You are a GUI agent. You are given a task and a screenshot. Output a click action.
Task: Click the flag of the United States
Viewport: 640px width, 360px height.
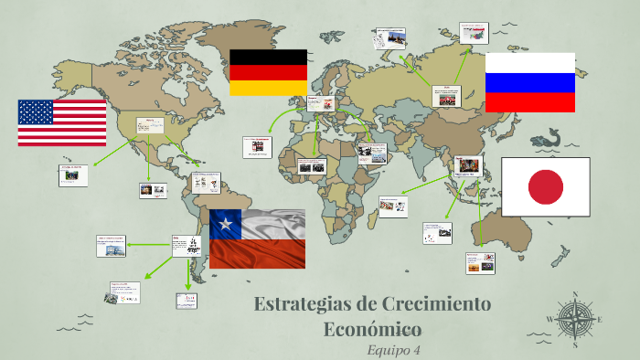[62, 122]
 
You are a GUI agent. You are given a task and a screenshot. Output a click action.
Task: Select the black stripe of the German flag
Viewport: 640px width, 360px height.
[268, 57]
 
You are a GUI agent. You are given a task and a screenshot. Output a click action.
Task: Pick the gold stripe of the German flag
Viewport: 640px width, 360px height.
[268, 89]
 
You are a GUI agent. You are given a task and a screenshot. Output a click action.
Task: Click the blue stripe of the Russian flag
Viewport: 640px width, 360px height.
[529, 82]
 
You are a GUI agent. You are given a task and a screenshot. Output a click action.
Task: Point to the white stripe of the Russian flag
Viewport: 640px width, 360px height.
[529, 62]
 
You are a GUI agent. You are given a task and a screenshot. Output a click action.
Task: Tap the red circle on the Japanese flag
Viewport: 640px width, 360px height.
[546, 186]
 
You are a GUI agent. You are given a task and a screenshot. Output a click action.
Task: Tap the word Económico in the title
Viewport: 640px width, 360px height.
[372, 328]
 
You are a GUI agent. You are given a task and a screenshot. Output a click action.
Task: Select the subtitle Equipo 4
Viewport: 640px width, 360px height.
[393, 349]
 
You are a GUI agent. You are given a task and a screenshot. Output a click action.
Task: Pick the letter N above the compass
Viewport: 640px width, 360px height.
[574, 295]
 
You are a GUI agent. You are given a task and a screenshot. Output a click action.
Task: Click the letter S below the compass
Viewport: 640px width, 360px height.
[574, 345]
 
